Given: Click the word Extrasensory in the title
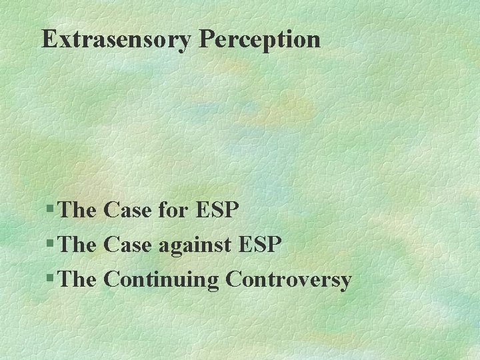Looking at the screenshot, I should (117, 39).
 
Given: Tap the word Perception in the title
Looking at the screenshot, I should (259, 39).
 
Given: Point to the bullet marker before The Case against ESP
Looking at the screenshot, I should (52, 245).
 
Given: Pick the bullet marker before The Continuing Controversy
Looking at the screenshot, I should (52, 280).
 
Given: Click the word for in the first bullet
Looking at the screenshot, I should (175, 211).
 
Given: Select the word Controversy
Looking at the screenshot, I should (288, 280).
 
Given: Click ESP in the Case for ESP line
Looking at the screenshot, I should (217, 211).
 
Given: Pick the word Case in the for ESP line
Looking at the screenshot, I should (128, 211).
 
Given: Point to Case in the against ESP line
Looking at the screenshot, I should (128, 245).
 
